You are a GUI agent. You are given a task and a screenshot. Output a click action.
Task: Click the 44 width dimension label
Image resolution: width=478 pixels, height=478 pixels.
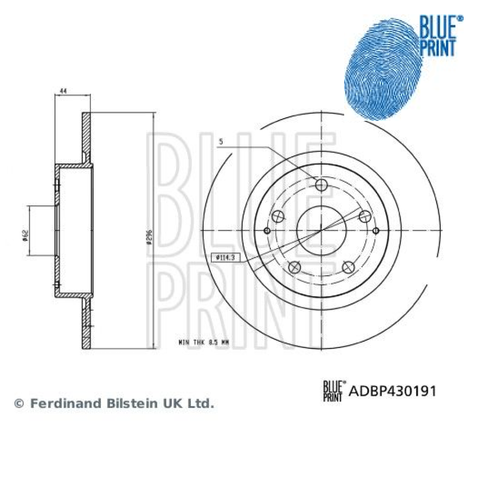[63, 91]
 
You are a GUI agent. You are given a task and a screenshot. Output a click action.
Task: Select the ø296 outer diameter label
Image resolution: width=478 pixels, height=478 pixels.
[150, 235]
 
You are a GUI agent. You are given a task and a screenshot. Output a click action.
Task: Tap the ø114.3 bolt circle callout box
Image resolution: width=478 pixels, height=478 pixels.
[224, 258]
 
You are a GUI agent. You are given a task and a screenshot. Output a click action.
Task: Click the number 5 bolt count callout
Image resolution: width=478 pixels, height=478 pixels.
[220, 141]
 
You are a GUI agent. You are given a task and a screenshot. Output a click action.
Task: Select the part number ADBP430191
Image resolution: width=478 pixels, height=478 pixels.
[393, 391]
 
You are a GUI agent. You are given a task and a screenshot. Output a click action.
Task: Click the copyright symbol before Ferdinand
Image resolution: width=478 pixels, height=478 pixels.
[19, 404]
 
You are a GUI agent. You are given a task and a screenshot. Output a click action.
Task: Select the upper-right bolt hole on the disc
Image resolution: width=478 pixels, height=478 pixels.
[365, 216]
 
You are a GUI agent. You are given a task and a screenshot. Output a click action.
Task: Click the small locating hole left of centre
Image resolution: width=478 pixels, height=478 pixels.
[267, 231]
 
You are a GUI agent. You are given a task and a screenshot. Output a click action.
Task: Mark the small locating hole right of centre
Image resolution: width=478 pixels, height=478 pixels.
[376, 231]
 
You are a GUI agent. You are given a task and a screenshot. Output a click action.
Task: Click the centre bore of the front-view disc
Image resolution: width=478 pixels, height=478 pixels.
[321, 230]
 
